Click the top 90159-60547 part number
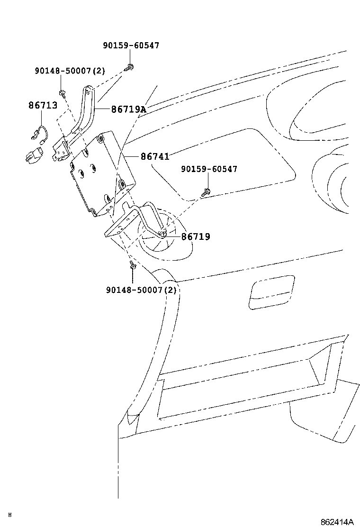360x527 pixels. point(131,45)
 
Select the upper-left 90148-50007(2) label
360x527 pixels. point(70,71)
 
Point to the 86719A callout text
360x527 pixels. point(129,109)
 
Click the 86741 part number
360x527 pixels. point(154,156)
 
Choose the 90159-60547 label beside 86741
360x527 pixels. point(209,169)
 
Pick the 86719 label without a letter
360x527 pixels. point(196,236)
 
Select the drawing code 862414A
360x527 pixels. point(337,522)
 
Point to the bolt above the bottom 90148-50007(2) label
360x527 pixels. point(133,267)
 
